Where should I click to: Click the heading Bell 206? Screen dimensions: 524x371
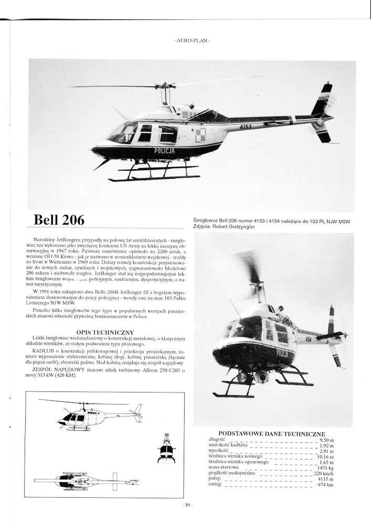point(59,220)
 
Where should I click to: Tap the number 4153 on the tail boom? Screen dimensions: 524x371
point(245,126)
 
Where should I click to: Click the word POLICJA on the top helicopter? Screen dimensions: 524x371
point(165,151)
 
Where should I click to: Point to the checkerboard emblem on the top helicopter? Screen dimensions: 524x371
point(200,135)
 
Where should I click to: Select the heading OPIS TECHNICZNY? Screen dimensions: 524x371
point(105,332)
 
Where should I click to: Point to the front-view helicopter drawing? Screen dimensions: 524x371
point(166,449)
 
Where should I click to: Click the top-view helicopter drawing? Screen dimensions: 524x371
point(87,481)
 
